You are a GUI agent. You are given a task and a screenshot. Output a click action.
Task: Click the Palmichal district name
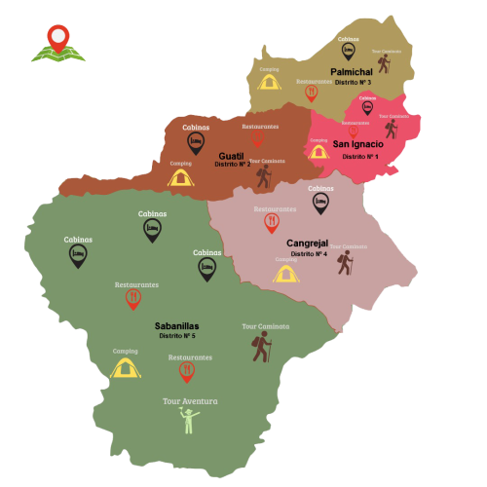click(352, 72)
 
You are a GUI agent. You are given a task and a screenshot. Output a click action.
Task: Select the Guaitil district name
click(232, 155)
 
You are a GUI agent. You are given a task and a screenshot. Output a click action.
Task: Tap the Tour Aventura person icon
click(189, 421)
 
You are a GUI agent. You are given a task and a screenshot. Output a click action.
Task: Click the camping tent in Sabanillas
click(124, 367)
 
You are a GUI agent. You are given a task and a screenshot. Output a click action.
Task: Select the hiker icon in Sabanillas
click(260, 346)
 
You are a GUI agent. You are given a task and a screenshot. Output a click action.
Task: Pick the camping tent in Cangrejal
click(284, 274)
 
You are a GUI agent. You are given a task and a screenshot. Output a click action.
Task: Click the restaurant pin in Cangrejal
click(272, 224)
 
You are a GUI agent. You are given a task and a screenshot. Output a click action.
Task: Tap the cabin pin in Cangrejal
click(320, 203)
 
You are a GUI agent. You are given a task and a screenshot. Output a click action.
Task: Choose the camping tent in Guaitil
click(179, 176)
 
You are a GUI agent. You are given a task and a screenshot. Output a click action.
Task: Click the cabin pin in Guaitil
click(196, 143)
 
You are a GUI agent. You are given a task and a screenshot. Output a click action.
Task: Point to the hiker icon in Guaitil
click(263, 175)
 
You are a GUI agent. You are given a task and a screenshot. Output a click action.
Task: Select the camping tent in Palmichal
click(270, 83)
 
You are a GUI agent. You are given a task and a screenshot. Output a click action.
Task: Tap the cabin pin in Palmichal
click(348, 51)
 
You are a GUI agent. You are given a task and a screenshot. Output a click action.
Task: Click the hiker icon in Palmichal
click(384, 64)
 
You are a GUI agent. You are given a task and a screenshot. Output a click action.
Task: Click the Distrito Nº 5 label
click(177, 336)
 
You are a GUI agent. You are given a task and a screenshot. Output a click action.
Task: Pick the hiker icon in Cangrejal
click(344, 262)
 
